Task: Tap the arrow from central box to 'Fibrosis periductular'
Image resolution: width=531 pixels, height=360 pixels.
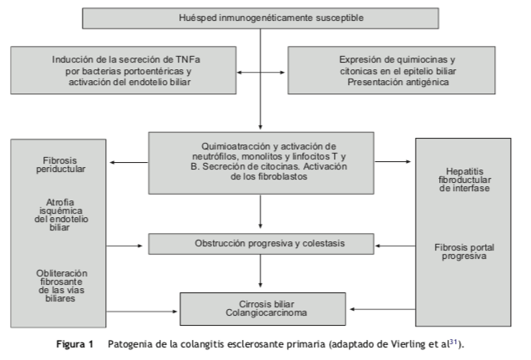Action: pos(129,162)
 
